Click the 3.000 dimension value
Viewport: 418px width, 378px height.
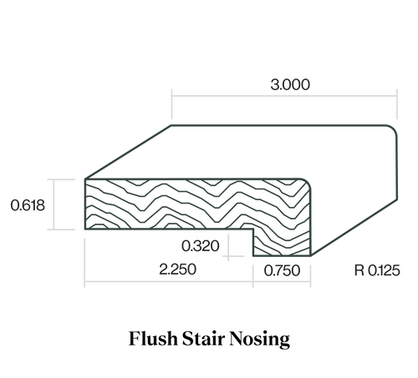pyautogui.click(x=290, y=84)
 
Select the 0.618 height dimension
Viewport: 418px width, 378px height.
pyautogui.click(x=28, y=205)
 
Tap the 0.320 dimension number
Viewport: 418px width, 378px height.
pyautogui.click(x=201, y=246)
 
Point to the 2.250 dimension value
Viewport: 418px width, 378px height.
pyautogui.click(x=178, y=270)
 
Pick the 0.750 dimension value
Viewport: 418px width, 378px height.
pyautogui.click(x=282, y=270)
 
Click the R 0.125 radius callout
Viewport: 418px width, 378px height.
pyautogui.click(x=377, y=270)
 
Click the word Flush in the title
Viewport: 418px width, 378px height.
pyautogui.click(x=153, y=339)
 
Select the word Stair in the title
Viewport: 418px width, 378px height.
pyautogui.click(x=204, y=339)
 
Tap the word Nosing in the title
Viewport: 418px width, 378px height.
pyautogui.click(x=260, y=340)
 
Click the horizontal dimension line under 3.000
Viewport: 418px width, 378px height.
pyautogui.click(x=284, y=96)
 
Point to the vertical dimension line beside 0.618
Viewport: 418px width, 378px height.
pyautogui.click(x=54, y=204)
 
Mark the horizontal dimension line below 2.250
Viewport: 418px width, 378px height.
pyautogui.click(x=169, y=282)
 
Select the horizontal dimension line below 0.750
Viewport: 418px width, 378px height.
pyautogui.click(x=282, y=282)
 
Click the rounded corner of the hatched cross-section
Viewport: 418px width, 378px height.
pyautogui.click(x=308, y=183)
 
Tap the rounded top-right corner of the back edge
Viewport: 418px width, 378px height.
pyautogui.click(x=394, y=129)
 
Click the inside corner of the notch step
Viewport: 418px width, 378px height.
pyautogui.click(x=253, y=229)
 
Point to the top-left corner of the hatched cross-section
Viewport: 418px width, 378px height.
pyautogui.click(x=85, y=179)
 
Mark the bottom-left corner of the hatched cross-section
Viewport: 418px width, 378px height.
pyautogui.click(x=85, y=229)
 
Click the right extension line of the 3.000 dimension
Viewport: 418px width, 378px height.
pyautogui.click(x=397, y=104)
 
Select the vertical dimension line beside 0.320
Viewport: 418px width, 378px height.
pyautogui.click(x=228, y=248)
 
